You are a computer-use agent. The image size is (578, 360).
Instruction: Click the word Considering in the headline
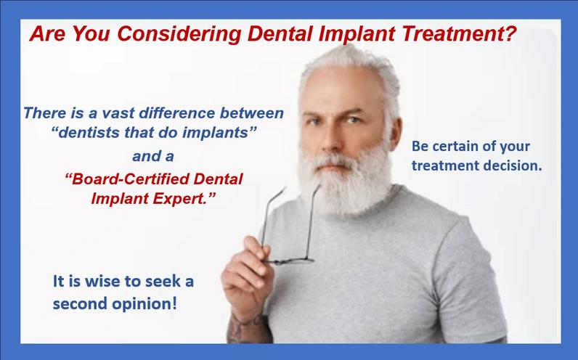179,34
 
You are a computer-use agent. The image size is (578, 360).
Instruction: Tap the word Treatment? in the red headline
459,33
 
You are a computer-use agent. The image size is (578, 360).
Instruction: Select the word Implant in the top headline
357,34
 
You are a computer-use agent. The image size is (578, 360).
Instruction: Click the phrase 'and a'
153,156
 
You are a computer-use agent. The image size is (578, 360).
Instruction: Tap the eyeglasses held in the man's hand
290,226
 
